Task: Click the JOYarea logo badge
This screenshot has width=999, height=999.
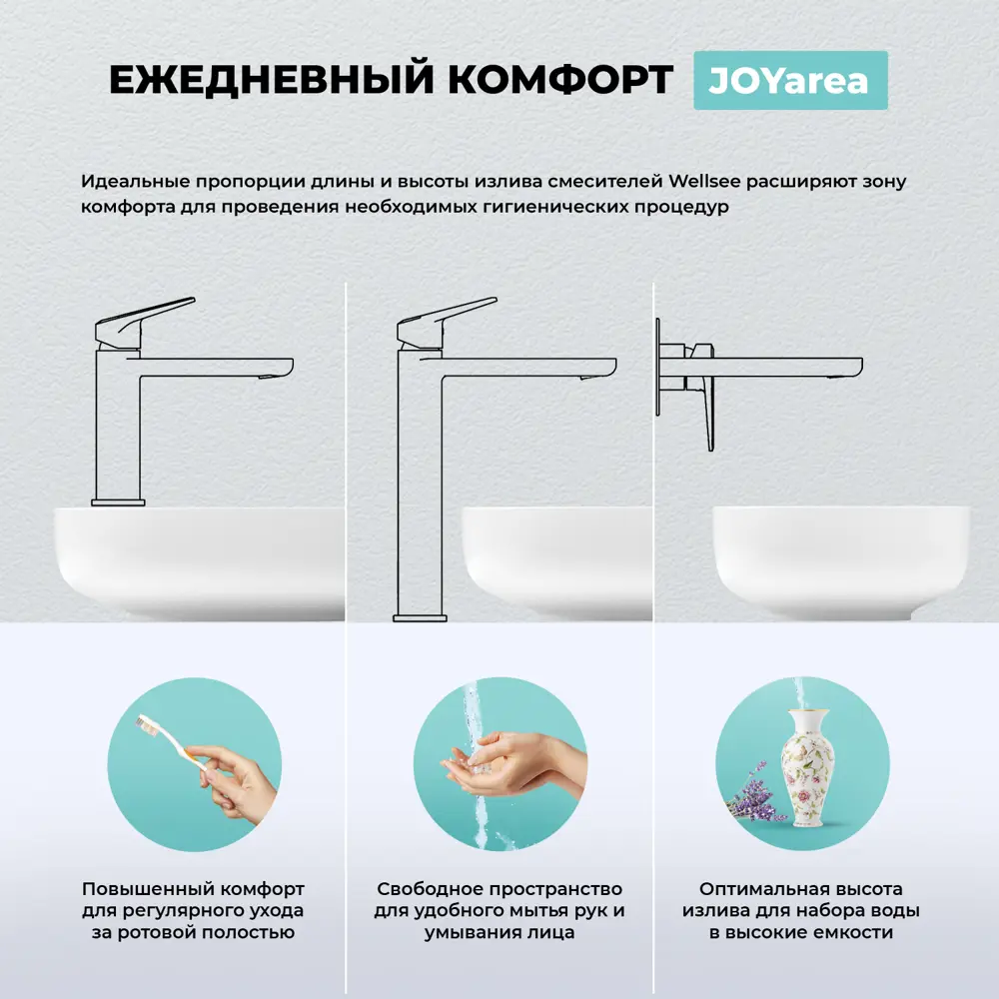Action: pyautogui.click(x=789, y=81)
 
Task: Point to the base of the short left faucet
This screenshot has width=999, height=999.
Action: pyautogui.click(x=118, y=500)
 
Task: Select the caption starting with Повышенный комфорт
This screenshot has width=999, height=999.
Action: pyautogui.click(x=193, y=910)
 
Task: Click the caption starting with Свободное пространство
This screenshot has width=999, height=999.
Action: pyautogui.click(x=499, y=910)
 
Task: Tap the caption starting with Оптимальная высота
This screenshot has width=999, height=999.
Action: pyautogui.click(x=801, y=910)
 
